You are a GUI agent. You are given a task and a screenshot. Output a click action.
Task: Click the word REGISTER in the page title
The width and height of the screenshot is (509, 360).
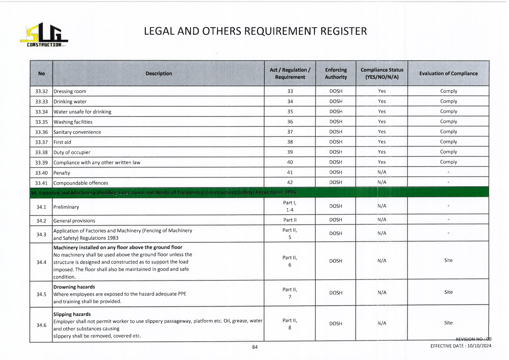344,31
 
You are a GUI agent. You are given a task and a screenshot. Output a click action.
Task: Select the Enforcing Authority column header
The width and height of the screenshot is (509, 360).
336,73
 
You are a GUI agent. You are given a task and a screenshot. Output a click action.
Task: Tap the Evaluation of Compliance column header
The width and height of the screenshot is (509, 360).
448,73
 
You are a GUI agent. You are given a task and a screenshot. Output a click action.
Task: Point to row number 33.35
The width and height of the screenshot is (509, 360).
41,122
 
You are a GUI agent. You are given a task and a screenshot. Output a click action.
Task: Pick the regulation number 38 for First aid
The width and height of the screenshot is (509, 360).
290,142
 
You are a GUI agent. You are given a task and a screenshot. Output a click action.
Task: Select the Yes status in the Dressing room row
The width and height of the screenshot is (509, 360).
382,91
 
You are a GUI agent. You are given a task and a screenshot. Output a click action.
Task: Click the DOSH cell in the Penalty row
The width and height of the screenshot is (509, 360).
336,172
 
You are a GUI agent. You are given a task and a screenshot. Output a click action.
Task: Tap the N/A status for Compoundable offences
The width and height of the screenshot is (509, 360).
382,182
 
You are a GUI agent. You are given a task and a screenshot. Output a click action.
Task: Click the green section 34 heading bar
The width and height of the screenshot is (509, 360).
259,192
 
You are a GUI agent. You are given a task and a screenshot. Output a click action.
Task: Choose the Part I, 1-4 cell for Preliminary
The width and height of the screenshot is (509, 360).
290,206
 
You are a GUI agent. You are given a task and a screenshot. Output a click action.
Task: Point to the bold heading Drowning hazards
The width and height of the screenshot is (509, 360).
74,287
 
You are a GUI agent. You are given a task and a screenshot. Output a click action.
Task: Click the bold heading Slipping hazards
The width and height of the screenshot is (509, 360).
72,314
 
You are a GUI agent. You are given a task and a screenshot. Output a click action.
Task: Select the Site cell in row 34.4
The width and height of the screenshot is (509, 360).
448,260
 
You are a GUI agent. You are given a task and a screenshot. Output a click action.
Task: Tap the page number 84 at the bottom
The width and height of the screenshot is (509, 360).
255,347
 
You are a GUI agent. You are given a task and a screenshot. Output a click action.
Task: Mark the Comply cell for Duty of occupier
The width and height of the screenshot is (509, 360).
448,152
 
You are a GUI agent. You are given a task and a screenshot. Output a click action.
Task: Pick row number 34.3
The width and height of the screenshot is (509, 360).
41,234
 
